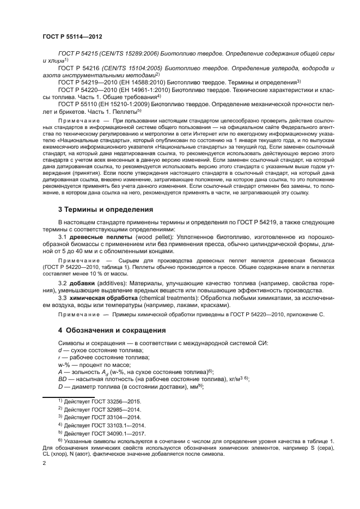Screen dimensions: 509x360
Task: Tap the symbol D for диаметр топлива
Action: pos(60,385)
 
